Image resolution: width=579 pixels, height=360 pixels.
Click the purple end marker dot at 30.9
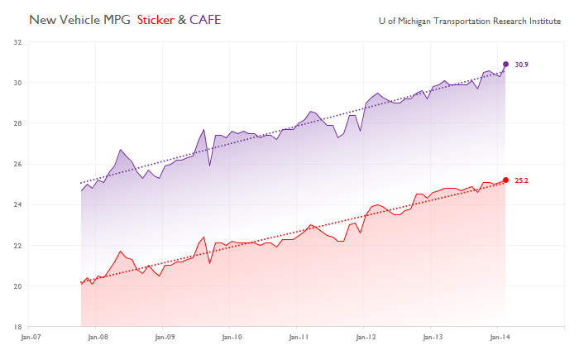click(505, 64)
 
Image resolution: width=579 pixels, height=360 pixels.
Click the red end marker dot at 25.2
click(505, 180)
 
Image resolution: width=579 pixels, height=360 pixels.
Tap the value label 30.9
click(521, 65)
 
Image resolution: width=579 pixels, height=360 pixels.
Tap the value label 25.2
click(521, 180)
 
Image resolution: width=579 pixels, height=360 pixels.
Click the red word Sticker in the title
click(156, 18)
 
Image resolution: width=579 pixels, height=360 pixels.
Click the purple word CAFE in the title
click(205, 18)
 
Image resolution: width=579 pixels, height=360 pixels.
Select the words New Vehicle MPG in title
click(81, 18)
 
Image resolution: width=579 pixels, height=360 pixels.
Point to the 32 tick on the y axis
click(17, 42)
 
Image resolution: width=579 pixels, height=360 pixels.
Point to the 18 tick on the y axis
click(17, 327)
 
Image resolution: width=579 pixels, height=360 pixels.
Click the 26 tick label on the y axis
click(17, 164)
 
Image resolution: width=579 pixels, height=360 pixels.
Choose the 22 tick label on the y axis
click(17, 246)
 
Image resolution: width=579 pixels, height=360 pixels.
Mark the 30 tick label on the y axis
click(17, 83)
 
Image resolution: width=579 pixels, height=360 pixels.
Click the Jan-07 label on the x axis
click(31, 338)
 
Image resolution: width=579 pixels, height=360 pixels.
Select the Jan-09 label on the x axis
click(165, 338)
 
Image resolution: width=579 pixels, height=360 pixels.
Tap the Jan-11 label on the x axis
click(299, 338)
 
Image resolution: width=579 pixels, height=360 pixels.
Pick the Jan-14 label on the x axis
click(499, 338)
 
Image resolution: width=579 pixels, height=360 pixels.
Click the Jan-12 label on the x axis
click(365, 338)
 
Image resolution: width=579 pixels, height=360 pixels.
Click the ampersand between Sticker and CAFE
click(182, 18)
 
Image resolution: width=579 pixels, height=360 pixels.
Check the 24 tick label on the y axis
click(17, 204)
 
